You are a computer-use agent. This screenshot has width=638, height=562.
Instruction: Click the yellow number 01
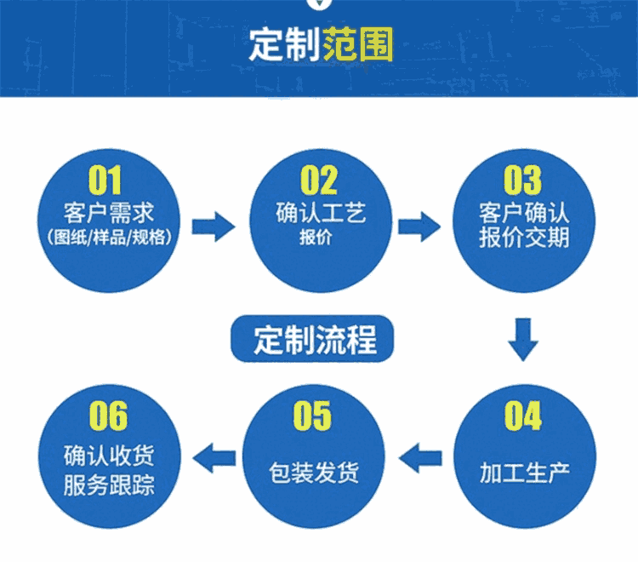click(x=105, y=180)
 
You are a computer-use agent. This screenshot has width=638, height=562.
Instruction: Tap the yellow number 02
click(x=319, y=180)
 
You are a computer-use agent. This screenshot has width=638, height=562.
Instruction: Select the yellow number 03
click(x=523, y=180)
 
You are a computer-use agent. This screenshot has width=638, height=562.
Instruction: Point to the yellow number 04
click(x=523, y=416)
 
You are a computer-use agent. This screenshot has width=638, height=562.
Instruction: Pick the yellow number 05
click(x=312, y=416)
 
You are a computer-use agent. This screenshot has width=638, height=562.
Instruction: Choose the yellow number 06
click(x=108, y=416)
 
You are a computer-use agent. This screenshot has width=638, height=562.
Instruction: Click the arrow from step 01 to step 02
click(x=214, y=227)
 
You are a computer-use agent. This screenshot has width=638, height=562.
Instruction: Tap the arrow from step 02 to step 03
click(x=419, y=227)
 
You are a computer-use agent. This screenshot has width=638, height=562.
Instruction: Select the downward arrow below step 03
click(x=523, y=340)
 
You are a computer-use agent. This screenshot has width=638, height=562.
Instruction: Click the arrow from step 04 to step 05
click(x=420, y=458)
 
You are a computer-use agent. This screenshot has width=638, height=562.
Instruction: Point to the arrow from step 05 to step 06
click(x=214, y=458)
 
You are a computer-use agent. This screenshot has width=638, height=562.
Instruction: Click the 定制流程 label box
click(x=312, y=339)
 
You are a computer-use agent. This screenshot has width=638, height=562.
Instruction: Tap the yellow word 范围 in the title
click(x=358, y=44)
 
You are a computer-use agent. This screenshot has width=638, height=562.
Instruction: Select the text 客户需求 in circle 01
click(x=109, y=213)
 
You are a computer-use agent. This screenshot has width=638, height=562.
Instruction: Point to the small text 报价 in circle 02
click(x=316, y=237)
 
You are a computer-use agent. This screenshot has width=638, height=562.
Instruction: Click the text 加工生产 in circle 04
click(x=525, y=473)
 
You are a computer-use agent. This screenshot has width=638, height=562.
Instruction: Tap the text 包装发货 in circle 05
click(x=314, y=473)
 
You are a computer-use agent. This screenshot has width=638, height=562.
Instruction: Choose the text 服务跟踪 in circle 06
click(x=109, y=485)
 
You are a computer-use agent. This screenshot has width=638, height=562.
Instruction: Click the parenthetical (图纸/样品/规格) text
click(x=109, y=237)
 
